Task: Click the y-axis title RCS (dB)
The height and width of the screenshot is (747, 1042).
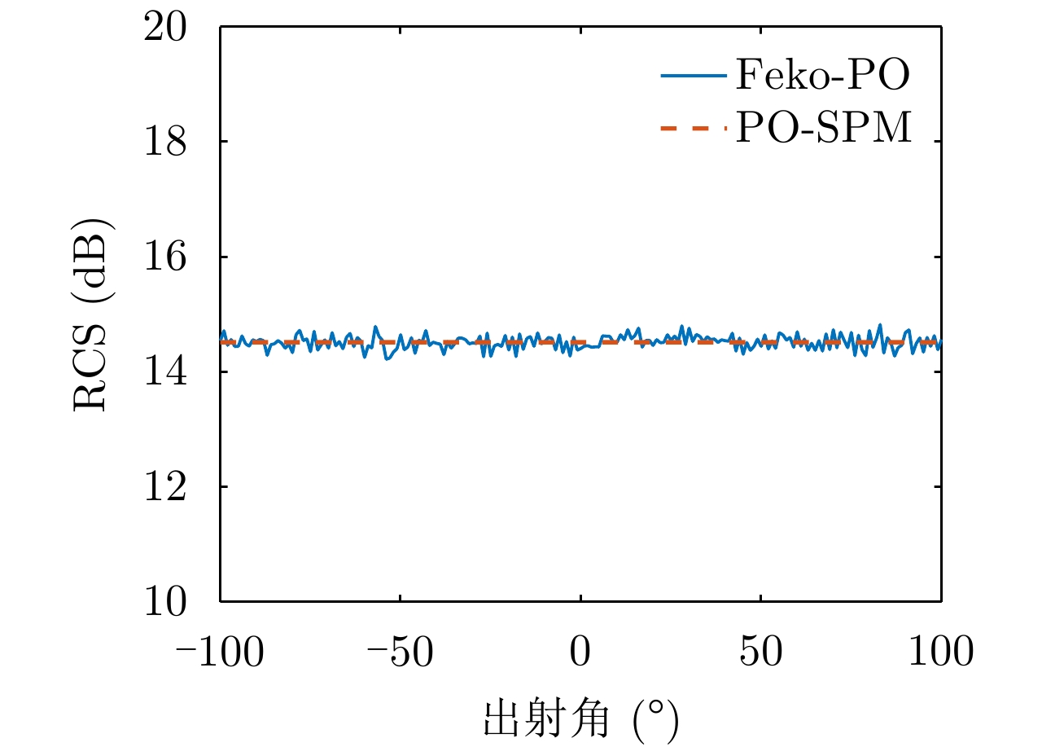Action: [91, 315]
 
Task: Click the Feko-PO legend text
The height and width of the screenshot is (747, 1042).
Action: [822, 76]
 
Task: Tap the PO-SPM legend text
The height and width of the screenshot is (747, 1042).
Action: [824, 129]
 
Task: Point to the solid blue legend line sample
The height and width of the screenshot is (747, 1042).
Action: [693, 77]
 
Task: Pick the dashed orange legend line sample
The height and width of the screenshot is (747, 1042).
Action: [693, 128]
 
